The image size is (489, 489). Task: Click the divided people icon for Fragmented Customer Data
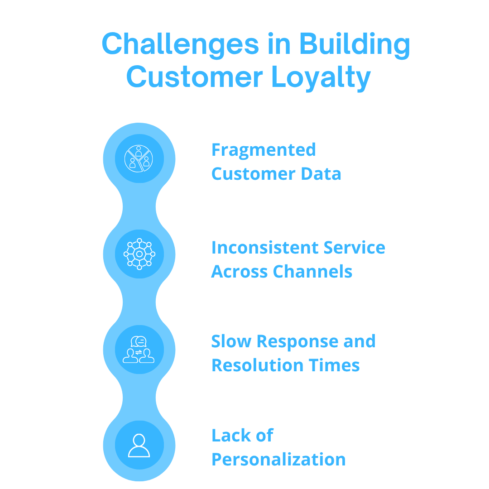139,159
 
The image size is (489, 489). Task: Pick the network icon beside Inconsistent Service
139,254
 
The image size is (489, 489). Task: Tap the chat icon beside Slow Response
139,350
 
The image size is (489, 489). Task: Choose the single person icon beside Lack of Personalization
139,446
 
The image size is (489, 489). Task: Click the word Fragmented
264,150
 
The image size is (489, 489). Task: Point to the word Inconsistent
258,248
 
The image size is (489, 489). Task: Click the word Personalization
278,460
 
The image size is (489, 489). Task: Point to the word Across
239,272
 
